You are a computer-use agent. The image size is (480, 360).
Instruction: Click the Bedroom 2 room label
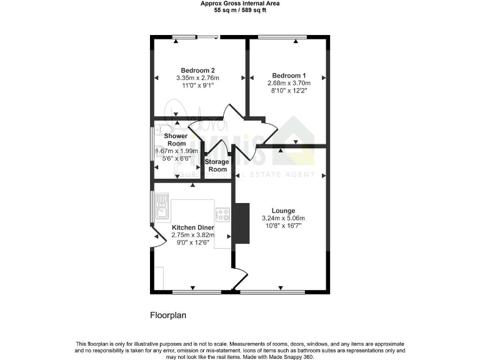coord(197,69)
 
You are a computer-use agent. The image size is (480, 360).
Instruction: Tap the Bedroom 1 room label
coord(287,74)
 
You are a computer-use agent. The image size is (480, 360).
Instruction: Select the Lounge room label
coord(282,211)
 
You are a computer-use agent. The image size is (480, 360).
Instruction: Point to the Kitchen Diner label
coord(193,227)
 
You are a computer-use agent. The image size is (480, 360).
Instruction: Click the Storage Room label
coord(217,166)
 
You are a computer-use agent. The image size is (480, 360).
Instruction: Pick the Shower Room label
coord(177,139)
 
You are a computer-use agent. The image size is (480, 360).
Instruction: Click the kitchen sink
coord(162,204)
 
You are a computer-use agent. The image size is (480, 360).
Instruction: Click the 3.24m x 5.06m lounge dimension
coord(282,218)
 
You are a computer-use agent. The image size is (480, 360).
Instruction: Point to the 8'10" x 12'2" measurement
coord(287,90)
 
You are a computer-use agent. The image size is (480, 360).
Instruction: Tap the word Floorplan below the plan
coord(168,316)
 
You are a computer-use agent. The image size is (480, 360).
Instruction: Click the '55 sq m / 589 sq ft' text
coord(240,11)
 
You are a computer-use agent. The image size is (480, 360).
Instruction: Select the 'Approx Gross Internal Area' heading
coord(240,4)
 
